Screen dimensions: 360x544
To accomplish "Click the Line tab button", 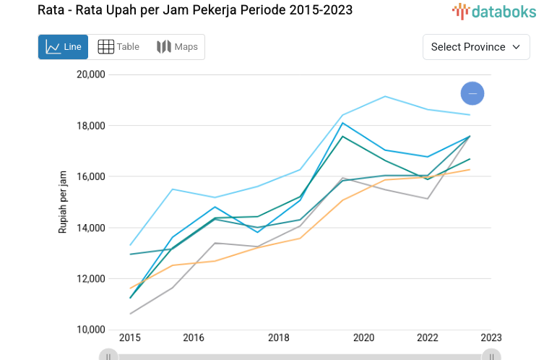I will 63,47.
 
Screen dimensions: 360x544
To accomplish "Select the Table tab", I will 118,47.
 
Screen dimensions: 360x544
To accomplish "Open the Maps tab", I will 177,47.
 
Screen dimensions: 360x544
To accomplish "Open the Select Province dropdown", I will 475,47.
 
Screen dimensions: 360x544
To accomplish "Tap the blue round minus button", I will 472,93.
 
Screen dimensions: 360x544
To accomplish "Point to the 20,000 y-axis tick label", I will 91,74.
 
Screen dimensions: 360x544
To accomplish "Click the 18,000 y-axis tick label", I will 91,126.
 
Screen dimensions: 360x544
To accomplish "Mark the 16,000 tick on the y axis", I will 91,176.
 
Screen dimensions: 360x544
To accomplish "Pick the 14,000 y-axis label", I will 91,228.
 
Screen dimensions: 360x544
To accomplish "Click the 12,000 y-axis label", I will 91,279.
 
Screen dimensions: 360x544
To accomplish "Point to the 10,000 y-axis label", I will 91,330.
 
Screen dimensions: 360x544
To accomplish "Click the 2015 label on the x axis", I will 130,338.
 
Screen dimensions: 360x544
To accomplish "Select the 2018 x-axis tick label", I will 279,338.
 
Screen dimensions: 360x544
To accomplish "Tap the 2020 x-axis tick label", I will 363,338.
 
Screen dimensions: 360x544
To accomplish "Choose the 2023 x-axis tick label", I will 491,338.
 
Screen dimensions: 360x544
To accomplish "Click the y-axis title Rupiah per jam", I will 63,202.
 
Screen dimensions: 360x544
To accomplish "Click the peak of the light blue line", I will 385,96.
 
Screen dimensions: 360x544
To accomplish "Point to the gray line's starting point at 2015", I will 131,314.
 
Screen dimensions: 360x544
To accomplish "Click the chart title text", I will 195,11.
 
